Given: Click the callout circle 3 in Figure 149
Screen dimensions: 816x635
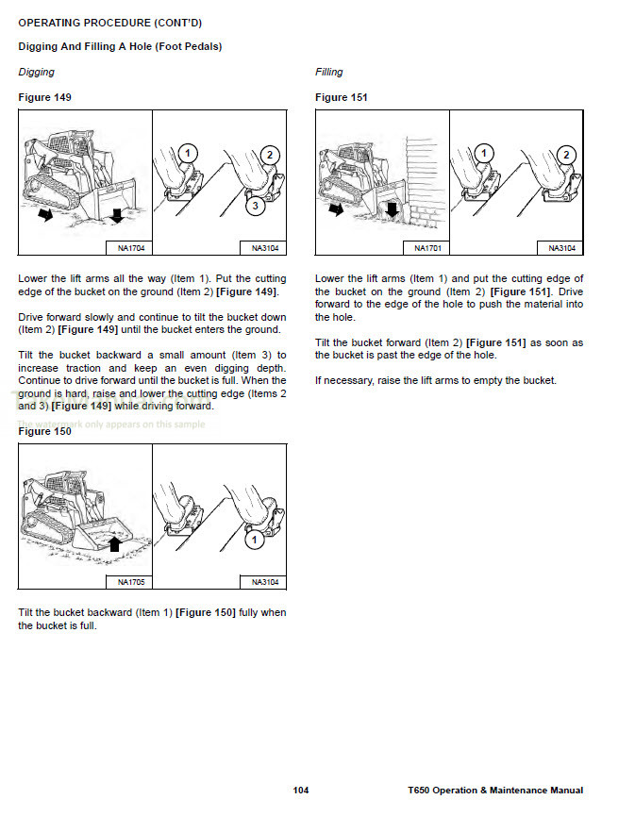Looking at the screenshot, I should click(255, 205).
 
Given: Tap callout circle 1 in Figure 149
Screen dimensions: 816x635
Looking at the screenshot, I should click(187, 153).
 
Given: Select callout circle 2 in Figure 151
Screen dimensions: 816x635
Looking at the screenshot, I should click(566, 155).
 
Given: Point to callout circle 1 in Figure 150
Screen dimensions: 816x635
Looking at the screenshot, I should click(254, 540).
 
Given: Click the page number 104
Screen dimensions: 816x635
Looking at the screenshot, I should click(301, 791).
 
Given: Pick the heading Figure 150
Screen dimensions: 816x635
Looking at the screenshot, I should click(44, 431).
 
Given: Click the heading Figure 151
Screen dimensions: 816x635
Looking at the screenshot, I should click(342, 97).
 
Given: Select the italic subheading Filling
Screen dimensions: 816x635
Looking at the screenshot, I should click(329, 72).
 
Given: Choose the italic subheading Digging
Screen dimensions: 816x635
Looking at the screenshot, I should click(37, 72).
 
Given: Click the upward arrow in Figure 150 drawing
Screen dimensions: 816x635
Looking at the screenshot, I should click(115, 541).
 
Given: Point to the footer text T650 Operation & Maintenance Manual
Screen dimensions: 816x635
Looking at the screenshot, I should click(495, 791).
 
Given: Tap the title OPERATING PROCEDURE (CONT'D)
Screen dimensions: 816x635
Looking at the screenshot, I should click(110, 22).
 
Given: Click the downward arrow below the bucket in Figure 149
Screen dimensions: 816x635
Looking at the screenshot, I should click(116, 215).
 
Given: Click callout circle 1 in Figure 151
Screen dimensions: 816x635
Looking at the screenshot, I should click(484, 153).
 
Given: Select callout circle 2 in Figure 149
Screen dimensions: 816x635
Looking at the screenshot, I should click(269, 155).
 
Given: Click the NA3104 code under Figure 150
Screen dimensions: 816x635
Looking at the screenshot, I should click(265, 582).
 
